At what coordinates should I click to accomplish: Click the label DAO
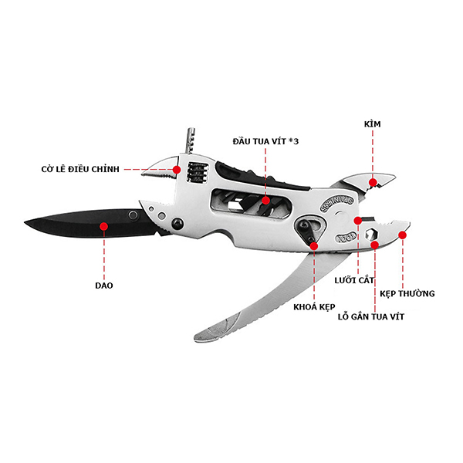pyautogui.click(x=104, y=286)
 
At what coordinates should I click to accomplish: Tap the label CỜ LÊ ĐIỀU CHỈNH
pyautogui.click(x=80, y=169)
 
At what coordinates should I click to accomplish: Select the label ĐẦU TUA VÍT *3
pyautogui.click(x=265, y=141)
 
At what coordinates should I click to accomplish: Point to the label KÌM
pyautogui.click(x=373, y=124)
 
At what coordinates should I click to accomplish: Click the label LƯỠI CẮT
pyautogui.click(x=354, y=280)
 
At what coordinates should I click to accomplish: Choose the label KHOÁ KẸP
pyautogui.click(x=314, y=307)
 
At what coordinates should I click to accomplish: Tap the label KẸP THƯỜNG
pyautogui.click(x=407, y=293)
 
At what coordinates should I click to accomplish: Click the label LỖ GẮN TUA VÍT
pyautogui.click(x=371, y=317)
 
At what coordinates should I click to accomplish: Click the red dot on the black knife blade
pyautogui.click(x=103, y=226)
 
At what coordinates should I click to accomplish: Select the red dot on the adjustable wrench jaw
pyautogui.click(x=177, y=170)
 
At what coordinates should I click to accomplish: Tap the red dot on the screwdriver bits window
pyautogui.click(x=265, y=201)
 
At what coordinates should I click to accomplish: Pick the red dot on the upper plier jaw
pyautogui.click(x=373, y=182)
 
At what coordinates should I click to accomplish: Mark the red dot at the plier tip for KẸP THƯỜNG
pyautogui.click(x=403, y=235)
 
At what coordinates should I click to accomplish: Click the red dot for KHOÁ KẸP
pyautogui.click(x=314, y=245)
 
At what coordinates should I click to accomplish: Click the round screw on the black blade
pyautogui.click(x=133, y=215)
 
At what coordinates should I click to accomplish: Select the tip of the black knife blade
pyautogui.click(x=25, y=222)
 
